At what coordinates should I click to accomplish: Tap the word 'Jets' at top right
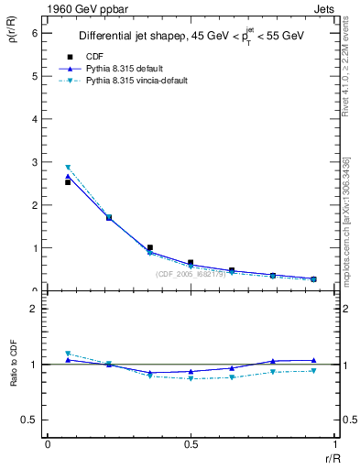tap(323, 8)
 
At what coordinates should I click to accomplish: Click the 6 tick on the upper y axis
tap(36, 33)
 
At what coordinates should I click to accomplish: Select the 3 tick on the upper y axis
tap(36, 162)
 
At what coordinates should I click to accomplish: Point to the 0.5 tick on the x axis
tap(191, 444)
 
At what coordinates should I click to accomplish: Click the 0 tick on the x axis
tap(47, 444)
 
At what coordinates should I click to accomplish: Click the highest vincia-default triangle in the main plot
tap(68, 168)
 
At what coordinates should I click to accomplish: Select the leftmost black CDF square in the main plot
tap(68, 182)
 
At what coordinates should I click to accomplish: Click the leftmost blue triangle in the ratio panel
tap(68, 360)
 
